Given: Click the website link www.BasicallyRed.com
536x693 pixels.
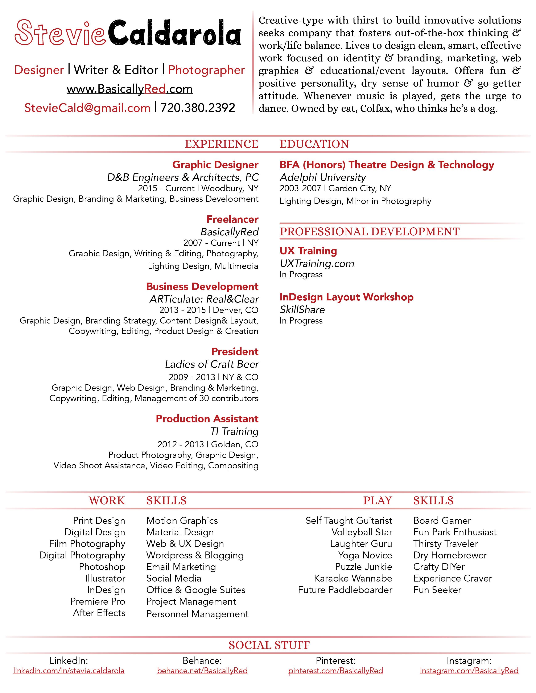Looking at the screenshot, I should (x=130, y=89).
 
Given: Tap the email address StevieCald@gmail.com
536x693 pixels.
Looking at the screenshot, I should (x=87, y=108).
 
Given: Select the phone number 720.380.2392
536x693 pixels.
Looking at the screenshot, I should (x=198, y=108).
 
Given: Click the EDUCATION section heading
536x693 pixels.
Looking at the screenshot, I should (x=314, y=144).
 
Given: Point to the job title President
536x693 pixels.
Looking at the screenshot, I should (x=235, y=352).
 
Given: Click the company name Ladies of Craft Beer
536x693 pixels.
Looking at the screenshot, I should (x=212, y=364).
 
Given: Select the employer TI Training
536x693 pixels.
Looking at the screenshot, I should (x=234, y=432).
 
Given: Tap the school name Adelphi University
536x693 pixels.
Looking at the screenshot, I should (x=322, y=177).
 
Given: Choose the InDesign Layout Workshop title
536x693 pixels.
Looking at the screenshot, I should (x=346, y=297).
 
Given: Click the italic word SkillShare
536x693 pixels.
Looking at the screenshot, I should (x=302, y=310).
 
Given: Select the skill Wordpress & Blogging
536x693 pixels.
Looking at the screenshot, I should (x=195, y=555).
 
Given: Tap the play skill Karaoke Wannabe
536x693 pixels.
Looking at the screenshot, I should (x=353, y=578).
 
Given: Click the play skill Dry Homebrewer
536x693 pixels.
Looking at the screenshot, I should (x=450, y=555).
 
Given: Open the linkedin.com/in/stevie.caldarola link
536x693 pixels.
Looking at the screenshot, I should (x=69, y=671).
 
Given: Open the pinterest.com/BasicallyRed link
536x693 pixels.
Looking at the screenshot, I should (x=335, y=671).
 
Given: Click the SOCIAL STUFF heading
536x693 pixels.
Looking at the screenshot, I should (x=269, y=645).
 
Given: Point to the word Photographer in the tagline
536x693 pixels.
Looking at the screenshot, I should (x=206, y=70).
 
